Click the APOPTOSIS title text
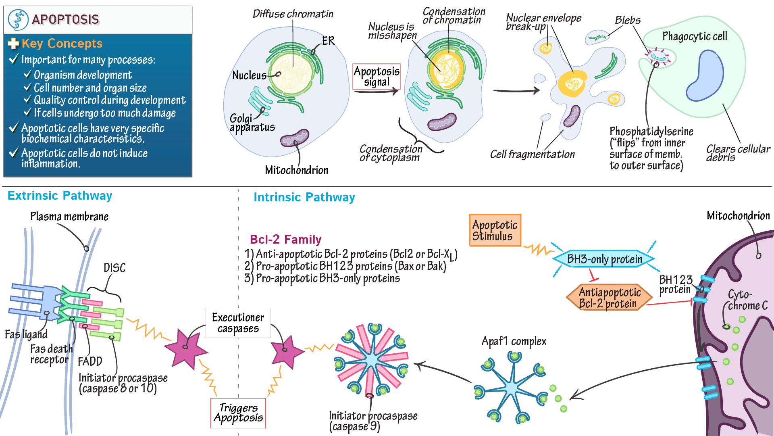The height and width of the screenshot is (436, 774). click(65, 19)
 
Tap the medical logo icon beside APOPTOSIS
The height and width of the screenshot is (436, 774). click(18, 19)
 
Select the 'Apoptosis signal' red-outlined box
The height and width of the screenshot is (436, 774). click(377, 77)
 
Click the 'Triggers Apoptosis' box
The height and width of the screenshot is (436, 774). click(238, 413)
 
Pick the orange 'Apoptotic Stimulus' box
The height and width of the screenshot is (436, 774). click(495, 230)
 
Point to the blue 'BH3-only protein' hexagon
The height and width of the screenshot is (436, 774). click(604, 259)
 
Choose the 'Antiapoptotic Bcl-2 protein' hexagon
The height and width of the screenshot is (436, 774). click(610, 298)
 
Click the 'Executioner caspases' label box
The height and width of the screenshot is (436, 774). click(238, 323)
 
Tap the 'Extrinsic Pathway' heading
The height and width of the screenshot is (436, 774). click(60, 196)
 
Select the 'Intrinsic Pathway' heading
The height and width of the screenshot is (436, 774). click(304, 197)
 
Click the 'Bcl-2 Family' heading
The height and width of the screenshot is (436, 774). click(285, 240)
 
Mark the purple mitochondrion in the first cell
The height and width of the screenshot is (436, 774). click(295, 138)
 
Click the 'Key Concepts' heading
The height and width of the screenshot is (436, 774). click(62, 44)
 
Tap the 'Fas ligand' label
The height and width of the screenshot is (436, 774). click(26, 334)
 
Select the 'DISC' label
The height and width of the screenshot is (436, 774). click(114, 268)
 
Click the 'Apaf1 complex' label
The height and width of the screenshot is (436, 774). click(514, 342)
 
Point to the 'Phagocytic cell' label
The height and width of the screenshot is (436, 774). click(695, 37)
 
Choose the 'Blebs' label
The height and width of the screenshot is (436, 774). click(628, 20)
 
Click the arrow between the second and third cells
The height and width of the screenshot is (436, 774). click(516, 91)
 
